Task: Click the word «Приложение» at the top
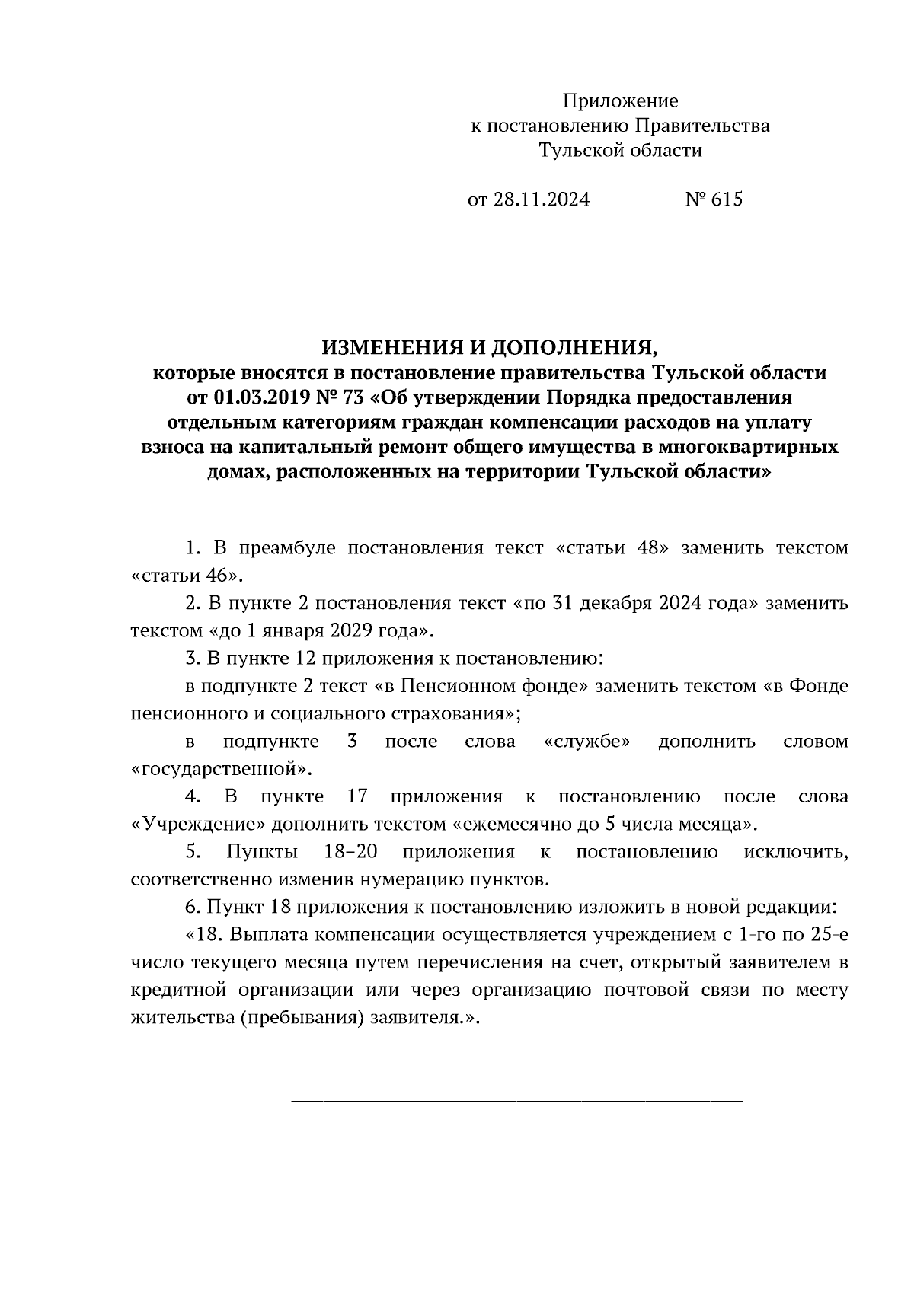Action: click(619, 100)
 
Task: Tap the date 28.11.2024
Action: click(541, 199)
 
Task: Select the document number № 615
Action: click(713, 199)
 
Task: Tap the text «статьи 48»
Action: click(607, 548)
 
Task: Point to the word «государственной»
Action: click(222, 768)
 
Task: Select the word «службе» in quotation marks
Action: click(587, 741)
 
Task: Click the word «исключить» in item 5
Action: click(795, 852)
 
